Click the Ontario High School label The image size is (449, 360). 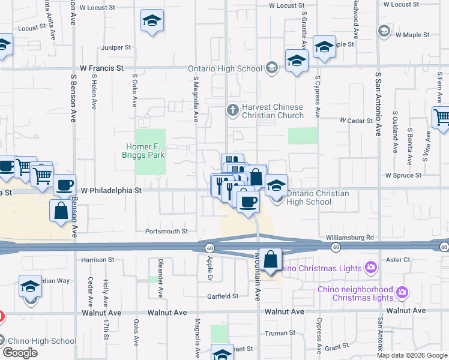(x=225, y=68)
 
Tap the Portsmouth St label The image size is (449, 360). (x=167, y=231)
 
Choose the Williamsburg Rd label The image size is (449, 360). (x=351, y=238)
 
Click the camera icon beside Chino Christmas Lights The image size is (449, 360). (x=371, y=267)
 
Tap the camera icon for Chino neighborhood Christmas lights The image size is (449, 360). (x=402, y=293)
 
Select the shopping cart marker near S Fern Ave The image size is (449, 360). (x=442, y=116)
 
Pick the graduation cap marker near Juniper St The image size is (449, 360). (x=152, y=21)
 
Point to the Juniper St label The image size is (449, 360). (x=116, y=47)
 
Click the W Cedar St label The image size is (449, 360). (x=356, y=121)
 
